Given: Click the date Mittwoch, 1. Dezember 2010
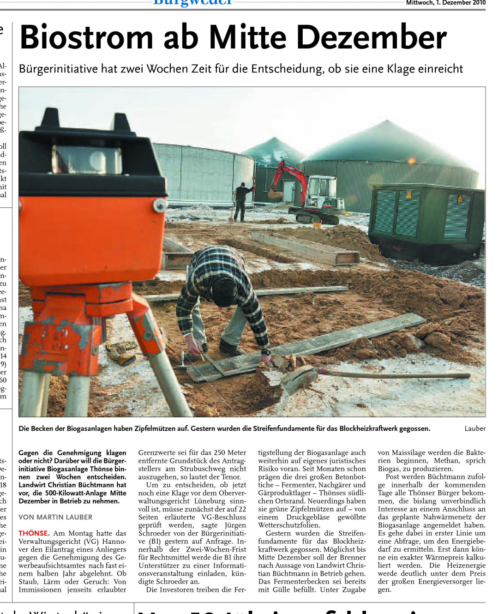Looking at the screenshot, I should point(445,3).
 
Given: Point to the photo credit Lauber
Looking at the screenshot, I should point(475,428).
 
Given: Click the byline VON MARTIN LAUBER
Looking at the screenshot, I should point(55,517).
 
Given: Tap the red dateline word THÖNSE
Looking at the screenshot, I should point(34,533).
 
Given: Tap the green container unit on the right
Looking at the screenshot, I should point(425,222).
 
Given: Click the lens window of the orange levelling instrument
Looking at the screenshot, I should point(88,160).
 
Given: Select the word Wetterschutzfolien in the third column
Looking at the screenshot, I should point(289,525).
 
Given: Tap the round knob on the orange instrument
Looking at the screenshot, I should point(160,205).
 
